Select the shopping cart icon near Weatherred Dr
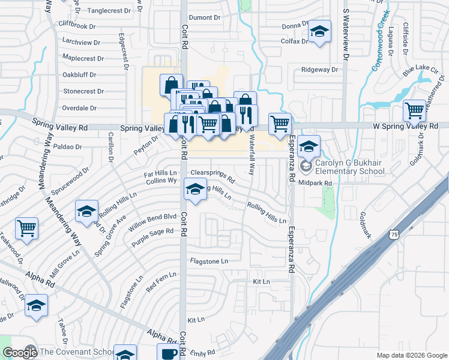coord(415,110)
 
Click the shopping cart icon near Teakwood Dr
coord(27,228)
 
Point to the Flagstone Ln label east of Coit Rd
coord(209,261)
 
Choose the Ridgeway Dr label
coord(320,70)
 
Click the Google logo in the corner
coord(20,352)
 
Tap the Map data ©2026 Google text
coord(412,355)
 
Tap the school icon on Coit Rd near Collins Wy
coord(194,189)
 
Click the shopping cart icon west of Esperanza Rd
coord(280,124)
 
